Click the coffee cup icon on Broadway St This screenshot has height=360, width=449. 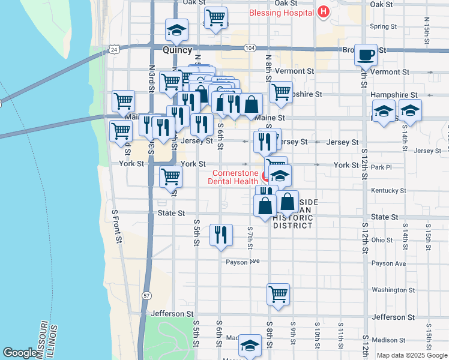[x=366, y=55]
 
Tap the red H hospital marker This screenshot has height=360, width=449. [x=324, y=11]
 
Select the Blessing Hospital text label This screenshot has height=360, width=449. [x=283, y=11]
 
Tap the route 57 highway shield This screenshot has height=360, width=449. [x=146, y=296]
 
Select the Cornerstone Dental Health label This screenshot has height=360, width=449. [x=234, y=176]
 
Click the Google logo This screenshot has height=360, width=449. [x=19, y=353]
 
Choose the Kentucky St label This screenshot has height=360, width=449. [x=389, y=191]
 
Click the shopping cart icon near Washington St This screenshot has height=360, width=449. [x=278, y=294]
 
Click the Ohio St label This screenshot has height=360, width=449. [x=382, y=240]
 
